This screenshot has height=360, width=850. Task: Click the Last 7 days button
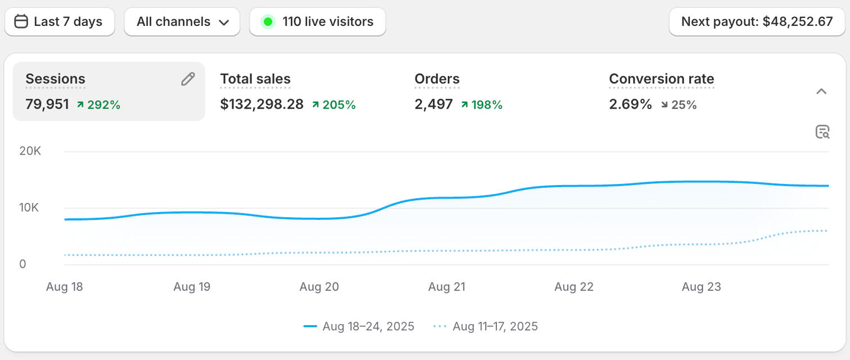[59, 22]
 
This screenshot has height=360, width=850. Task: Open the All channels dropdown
[182, 22]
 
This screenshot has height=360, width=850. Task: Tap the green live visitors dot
[268, 22]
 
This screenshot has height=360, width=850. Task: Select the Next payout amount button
[757, 22]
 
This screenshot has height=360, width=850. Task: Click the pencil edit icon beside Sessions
[188, 79]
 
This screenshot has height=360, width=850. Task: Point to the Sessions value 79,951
[47, 105]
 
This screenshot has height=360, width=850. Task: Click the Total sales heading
[255, 79]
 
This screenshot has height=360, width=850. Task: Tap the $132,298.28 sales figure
[262, 105]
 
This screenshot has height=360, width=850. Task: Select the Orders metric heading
[437, 79]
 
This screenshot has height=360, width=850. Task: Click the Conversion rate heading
[662, 79]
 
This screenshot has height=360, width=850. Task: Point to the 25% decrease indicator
[679, 105]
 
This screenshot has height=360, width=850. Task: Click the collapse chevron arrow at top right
[821, 92]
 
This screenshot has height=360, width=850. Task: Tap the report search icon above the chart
[822, 132]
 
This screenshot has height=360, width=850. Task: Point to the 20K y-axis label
[30, 151]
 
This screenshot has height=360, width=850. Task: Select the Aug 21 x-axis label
[447, 287]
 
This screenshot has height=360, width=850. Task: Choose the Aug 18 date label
[64, 287]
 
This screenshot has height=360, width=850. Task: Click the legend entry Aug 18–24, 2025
[359, 326]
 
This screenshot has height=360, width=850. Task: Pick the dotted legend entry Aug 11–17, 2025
[486, 326]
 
